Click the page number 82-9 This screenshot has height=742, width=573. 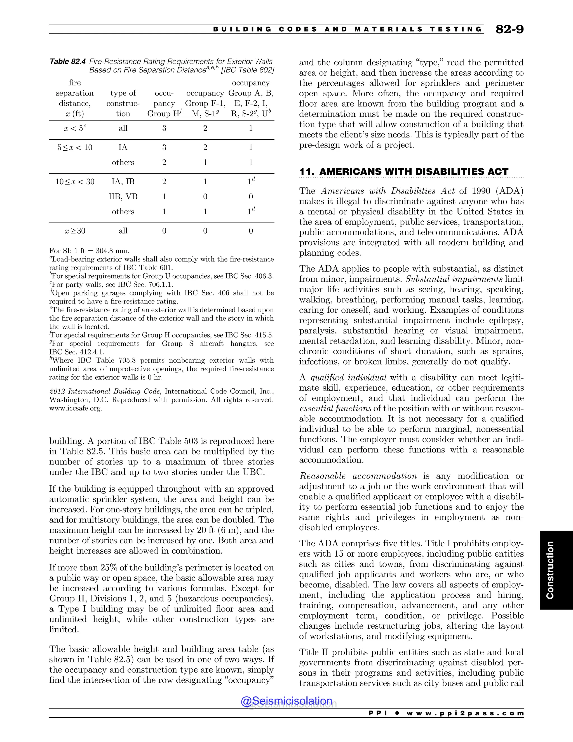click(x=509, y=30)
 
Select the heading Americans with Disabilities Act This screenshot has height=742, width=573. click(x=404, y=172)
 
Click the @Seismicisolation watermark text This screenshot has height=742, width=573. click(x=286, y=701)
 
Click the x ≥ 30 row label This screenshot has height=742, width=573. click(x=75, y=231)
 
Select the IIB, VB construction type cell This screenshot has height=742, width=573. click(x=123, y=197)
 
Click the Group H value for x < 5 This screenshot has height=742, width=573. click(x=164, y=129)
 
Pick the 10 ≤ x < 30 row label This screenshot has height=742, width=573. click(x=75, y=182)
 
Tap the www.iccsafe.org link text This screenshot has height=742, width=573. click(x=75, y=408)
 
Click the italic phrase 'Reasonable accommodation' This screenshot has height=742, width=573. click(x=358, y=476)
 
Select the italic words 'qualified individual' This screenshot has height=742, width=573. click(x=348, y=377)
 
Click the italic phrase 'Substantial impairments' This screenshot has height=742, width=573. click(x=454, y=279)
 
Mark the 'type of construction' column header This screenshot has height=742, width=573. click(x=123, y=103)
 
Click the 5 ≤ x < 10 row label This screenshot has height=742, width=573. click(x=75, y=148)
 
